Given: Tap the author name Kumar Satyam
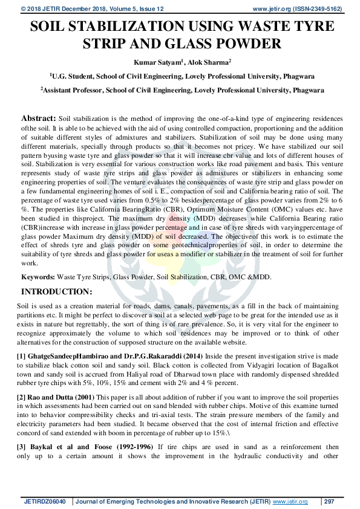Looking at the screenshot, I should (x=156, y=62).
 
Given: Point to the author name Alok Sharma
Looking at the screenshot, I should (x=205, y=62).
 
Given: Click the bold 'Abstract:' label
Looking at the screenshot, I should (x=39, y=118).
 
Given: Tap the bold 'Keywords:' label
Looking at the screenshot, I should (x=38, y=276).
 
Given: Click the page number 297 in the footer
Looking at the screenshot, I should (x=330, y=502).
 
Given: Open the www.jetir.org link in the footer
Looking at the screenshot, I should (x=290, y=502).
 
